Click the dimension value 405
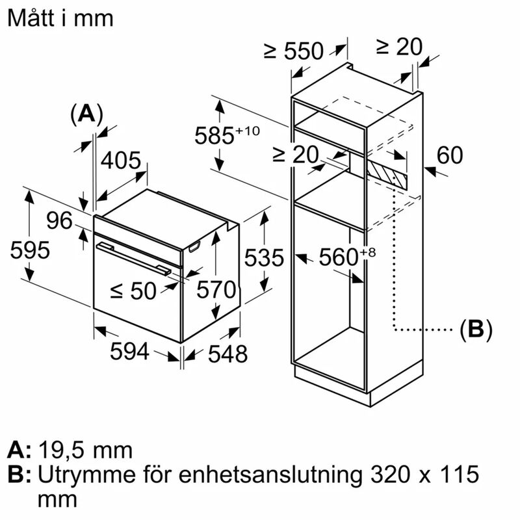120,160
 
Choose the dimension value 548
227,354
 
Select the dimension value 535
264,258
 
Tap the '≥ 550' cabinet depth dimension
293,50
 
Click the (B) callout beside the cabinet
476,330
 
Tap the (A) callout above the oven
86,114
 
